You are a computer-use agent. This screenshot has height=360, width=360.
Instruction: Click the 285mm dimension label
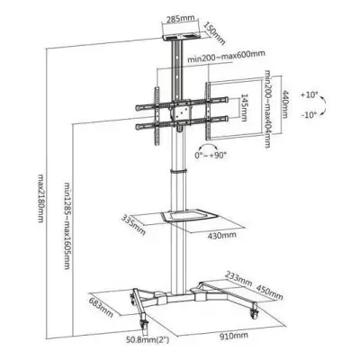[x=181, y=19]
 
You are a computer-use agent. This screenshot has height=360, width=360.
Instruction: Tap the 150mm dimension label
[x=214, y=33]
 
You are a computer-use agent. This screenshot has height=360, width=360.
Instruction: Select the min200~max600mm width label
[x=227, y=57]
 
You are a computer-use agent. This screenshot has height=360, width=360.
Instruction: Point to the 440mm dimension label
[x=284, y=104]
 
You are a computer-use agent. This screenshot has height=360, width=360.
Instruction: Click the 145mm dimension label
[x=244, y=108]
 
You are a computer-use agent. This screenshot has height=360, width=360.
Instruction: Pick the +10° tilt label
[x=309, y=95]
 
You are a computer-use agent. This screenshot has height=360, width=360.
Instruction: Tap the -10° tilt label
[x=309, y=114]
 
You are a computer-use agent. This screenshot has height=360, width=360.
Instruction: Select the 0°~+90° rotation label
[x=211, y=156]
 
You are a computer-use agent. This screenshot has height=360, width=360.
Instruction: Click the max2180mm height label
[x=41, y=198]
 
